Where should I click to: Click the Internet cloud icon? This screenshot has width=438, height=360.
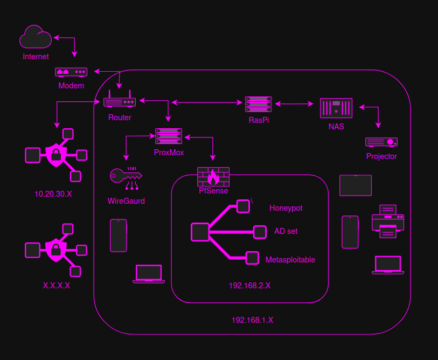tap(36, 38)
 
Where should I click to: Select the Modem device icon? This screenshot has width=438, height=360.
tap(71, 72)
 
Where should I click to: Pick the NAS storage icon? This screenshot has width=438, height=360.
tap(336, 108)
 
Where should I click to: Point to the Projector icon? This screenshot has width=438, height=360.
tap(381, 142)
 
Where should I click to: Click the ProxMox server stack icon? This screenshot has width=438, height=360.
tap(169, 136)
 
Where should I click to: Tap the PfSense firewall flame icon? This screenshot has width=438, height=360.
tap(213, 176)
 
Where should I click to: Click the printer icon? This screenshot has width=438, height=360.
tap(388, 221)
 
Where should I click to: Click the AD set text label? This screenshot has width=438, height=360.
tap(286, 231)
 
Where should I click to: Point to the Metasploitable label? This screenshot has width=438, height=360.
tap(290, 260)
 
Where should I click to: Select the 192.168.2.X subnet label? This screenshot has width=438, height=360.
tap(249, 286)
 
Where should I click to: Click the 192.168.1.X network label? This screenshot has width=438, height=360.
tap(252, 320)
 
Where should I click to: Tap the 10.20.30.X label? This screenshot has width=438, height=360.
tap(53, 194)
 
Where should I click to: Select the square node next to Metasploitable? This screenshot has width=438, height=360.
tap(252, 258)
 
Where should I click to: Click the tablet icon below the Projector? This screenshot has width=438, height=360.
tap(356, 185)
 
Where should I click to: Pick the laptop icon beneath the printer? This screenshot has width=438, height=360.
tap(388, 265)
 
